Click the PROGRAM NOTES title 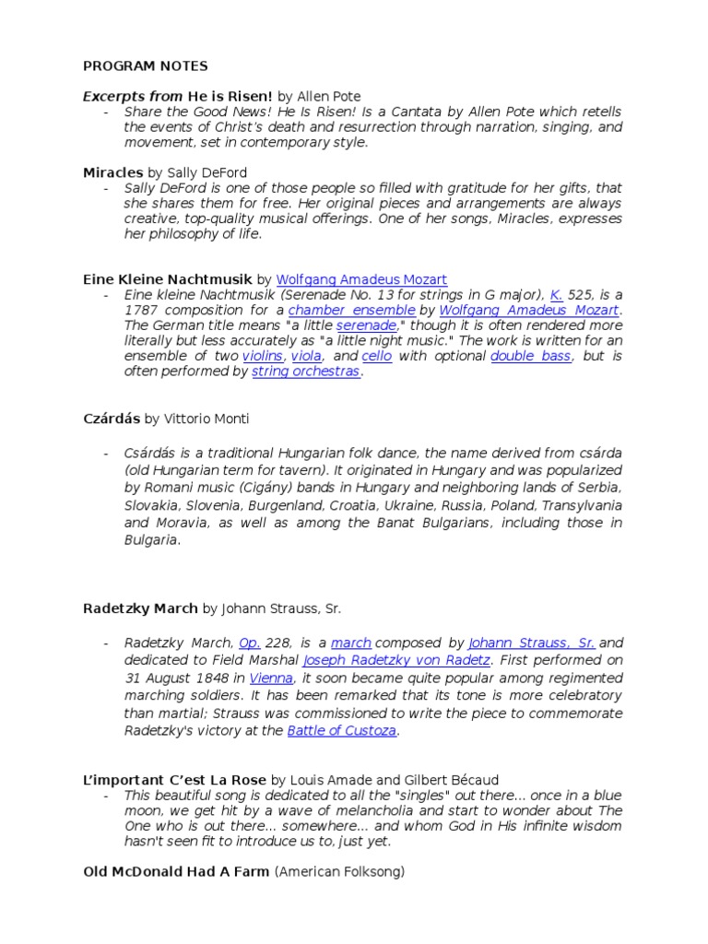coord(145,65)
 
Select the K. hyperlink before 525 coord(556,295)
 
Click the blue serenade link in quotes coord(366,326)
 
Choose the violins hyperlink coord(263,356)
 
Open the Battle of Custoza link coord(342,730)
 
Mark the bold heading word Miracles coord(112,171)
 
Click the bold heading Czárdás coord(112,419)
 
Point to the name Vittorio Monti coord(207,419)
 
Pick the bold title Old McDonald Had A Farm coord(175,871)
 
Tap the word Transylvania coord(581,505)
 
